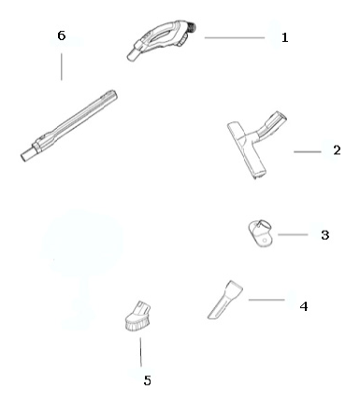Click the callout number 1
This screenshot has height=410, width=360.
tap(284, 37)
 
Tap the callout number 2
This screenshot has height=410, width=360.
tap(337, 150)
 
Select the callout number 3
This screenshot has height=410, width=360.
tap(325, 235)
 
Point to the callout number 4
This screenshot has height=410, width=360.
tap(304, 306)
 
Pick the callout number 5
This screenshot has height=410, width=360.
tap(148, 380)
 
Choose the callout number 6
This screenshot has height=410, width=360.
tap(62, 35)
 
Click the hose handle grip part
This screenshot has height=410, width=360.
tap(162, 39)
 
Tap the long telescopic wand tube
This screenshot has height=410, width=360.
tap(69, 126)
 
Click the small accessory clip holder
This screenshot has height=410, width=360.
tap(260, 233)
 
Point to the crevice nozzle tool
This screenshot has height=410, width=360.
tap(225, 300)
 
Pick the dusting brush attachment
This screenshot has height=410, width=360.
tap(137, 316)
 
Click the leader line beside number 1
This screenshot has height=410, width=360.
tap(235, 37)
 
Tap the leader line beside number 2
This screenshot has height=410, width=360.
tap(308, 151)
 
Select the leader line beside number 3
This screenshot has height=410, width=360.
tap(293, 234)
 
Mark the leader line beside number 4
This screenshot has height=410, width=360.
tap(266, 300)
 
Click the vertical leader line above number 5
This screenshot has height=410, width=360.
tap(140, 352)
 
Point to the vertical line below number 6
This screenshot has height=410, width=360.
tap(62, 67)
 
